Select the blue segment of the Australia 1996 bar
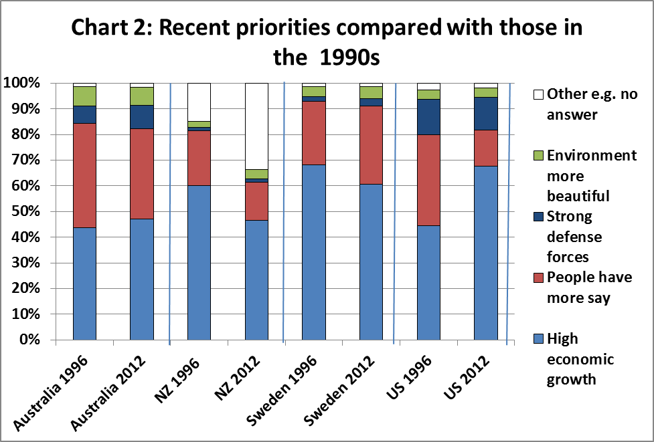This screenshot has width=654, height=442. coord(84,284)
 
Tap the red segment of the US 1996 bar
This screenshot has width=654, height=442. coord(428,180)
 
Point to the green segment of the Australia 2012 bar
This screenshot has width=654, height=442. coord(142,96)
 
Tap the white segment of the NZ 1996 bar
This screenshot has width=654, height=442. coord(199,102)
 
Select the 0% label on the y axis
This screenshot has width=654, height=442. coord(29,340)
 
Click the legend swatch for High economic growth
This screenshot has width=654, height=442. coord(538,339)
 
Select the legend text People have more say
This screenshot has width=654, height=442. coord(589,288)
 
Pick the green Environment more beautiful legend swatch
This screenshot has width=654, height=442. coord(538,156)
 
